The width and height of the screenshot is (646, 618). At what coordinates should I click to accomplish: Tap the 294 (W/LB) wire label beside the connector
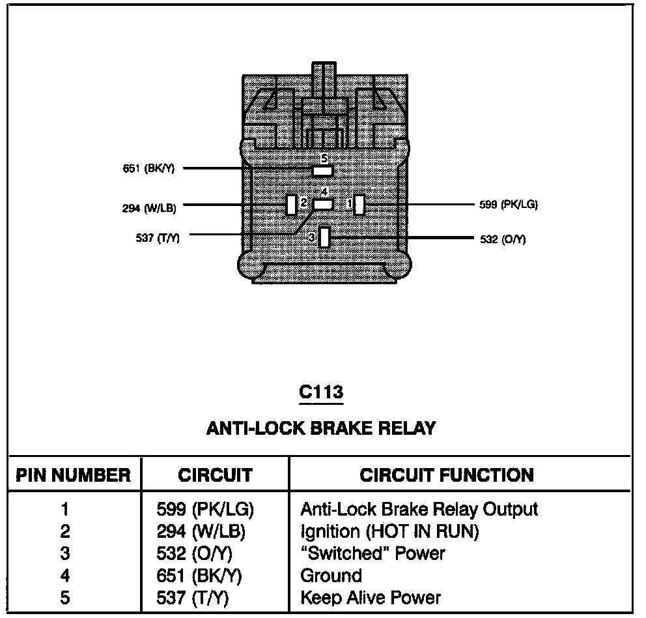149,209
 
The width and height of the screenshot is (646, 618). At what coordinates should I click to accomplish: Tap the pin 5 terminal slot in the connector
323,170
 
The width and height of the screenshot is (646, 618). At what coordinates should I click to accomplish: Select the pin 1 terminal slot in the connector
359,205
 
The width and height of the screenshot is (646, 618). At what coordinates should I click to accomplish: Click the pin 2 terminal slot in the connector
291,205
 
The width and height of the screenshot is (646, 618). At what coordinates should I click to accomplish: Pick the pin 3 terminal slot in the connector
324,238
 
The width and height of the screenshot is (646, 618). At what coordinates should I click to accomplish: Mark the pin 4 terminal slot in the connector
323,204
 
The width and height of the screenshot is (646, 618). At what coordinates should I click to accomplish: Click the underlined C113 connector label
320,392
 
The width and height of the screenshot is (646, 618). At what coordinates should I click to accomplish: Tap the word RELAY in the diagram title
407,428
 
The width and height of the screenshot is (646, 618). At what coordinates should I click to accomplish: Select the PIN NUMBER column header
73,475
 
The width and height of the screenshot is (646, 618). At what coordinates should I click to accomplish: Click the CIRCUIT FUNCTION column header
446,475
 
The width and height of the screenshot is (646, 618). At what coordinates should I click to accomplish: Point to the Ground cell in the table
331,576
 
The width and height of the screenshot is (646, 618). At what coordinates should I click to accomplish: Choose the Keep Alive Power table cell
371,597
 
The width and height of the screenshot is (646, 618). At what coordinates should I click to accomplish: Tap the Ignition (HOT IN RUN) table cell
389,531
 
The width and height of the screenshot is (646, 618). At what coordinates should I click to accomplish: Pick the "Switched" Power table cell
372,553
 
